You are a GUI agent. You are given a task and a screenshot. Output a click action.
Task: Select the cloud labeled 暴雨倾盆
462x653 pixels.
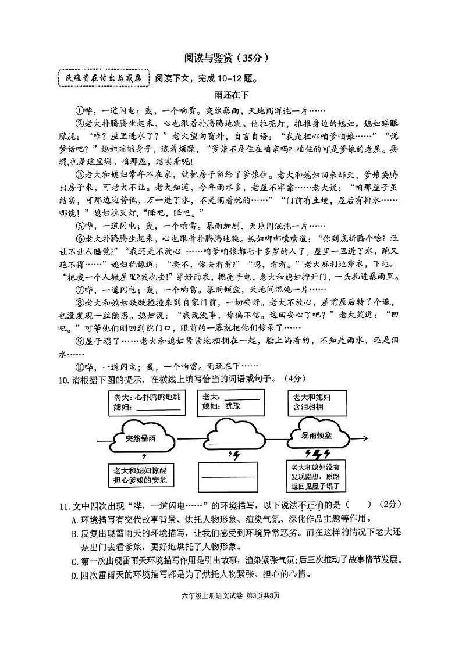[317, 436]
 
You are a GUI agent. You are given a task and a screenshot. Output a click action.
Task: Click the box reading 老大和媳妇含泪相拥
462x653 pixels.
[316, 402]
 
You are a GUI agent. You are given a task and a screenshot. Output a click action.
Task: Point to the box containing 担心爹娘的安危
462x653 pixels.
[140, 475]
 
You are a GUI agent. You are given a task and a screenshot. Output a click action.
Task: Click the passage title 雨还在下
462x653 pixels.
[231, 96]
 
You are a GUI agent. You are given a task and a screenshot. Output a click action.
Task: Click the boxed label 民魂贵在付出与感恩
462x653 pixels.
[104, 78]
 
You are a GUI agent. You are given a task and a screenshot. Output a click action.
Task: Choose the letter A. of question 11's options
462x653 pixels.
[74, 519]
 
